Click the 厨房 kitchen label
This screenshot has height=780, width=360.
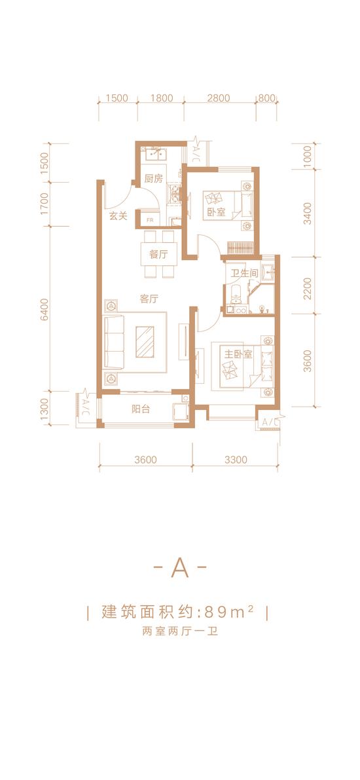154,179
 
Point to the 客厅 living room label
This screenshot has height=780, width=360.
149,299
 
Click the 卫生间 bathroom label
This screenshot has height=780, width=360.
243,272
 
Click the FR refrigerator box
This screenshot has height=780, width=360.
150,218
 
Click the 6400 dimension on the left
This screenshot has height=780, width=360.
45,309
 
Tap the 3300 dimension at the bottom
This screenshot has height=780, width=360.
236,460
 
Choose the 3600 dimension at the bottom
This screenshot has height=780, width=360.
146,460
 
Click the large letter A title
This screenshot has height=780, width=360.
180,568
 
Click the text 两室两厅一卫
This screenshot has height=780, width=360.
180,633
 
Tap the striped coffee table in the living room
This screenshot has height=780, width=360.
147,341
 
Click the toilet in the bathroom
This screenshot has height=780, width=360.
236,296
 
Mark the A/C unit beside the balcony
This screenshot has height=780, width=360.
86,402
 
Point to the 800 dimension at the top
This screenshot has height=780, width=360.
267,98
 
